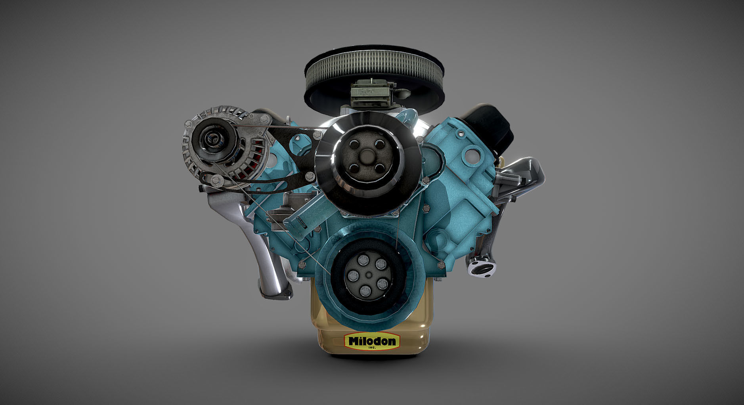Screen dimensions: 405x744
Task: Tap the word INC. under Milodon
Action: click(371, 348)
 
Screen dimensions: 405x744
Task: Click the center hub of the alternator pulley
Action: click(209, 139)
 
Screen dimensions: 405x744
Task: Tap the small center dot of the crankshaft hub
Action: click(369, 275)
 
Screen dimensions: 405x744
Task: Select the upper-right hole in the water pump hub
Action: click(380, 145)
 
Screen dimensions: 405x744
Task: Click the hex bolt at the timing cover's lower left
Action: click(302, 265)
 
